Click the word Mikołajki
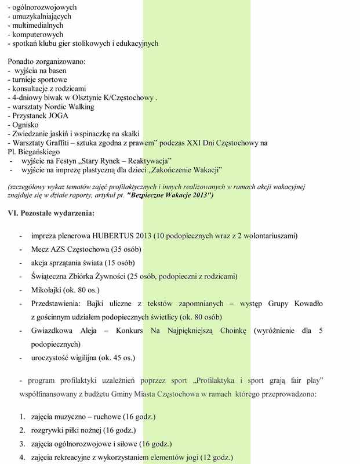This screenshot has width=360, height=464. (48, 289)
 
